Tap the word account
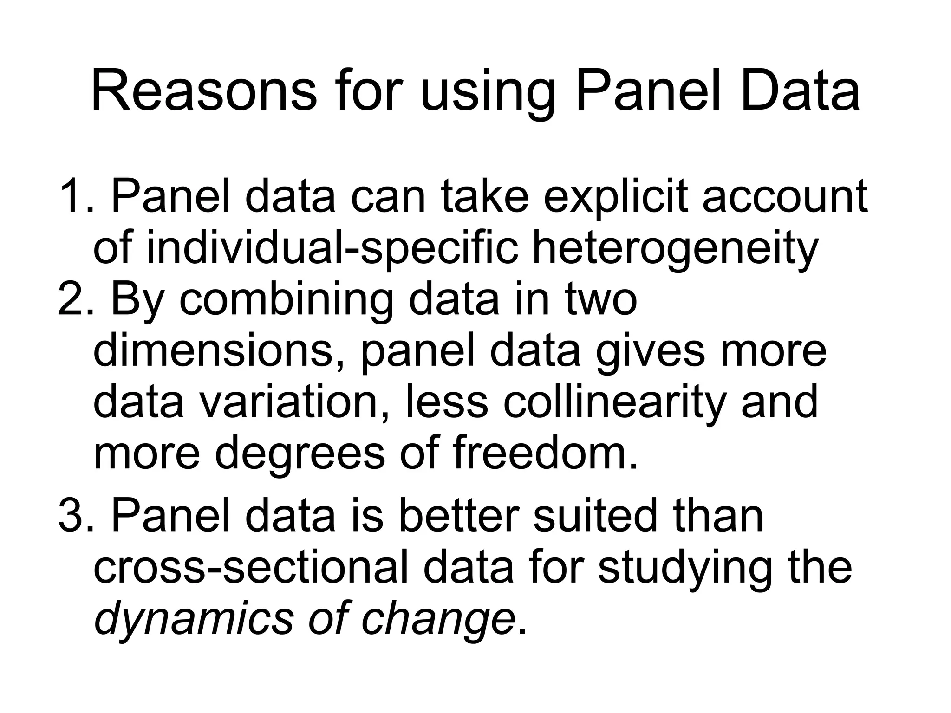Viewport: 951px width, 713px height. (x=784, y=197)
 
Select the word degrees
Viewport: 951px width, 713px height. (x=300, y=454)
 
